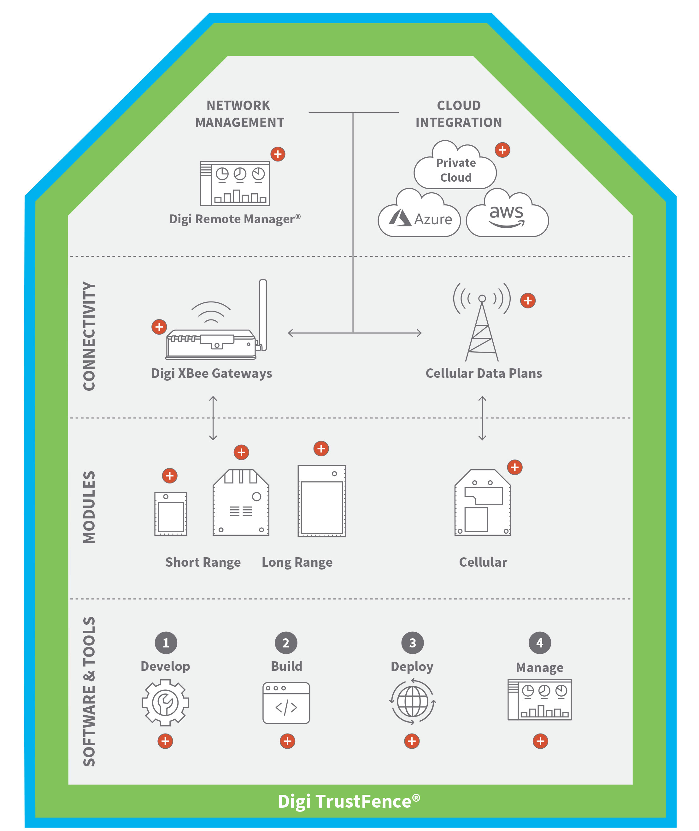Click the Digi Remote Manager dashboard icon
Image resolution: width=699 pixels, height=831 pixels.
pyautogui.click(x=235, y=184)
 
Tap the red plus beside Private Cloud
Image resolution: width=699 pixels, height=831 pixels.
pyautogui.click(x=502, y=150)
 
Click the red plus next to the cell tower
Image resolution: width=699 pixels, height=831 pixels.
pyautogui.click(x=527, y=301)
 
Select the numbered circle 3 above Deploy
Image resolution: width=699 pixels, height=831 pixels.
pyautogui.click(x=413, y=642)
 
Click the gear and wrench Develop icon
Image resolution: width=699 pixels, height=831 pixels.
pyautogui.click(x=165, y=702)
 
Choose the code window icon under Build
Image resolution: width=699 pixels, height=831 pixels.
pyautogui.click(x=286, y=703)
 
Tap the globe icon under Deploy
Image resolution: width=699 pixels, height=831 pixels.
pyautogui.click(x=413, y=702)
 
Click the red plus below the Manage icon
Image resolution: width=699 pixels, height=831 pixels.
pyautogui.click(x=540, y=741)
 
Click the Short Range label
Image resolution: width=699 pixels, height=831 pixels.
pyautogui.click(x=203, y=562)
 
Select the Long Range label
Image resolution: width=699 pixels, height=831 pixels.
pyautogui.click(x=297, y=562)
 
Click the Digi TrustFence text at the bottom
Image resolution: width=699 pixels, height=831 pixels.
pyautogui.click(x=349, y=801)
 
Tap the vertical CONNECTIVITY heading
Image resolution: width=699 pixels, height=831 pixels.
pyautogui.click(x=89, y=336)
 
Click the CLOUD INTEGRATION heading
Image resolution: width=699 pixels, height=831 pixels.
pyautogui.click(x=458, y=114)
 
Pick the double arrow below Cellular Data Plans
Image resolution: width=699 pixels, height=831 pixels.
pyautogui.click(x=482, y=418)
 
